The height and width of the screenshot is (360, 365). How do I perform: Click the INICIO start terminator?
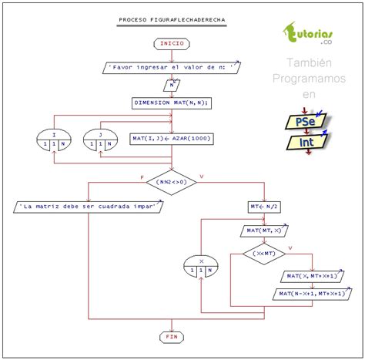[171, 44]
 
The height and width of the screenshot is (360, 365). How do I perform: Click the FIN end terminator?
[171, 337]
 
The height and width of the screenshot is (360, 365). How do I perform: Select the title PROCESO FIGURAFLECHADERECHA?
[171, 19]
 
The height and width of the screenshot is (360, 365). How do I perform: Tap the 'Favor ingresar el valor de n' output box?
[171, 68]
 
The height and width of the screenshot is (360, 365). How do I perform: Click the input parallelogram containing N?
[171, 86]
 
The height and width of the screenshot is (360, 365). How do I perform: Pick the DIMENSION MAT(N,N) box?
[171, 103]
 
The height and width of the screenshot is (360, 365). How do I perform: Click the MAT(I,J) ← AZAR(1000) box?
[171, 139]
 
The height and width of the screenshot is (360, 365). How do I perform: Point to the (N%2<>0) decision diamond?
[171, 182]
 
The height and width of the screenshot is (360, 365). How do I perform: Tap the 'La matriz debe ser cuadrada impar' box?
[89, 207]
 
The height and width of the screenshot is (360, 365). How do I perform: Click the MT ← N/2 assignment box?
[263, 207]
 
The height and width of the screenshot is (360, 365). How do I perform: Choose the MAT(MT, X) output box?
[263, 230]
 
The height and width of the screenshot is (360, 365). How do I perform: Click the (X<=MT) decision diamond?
[263, 253]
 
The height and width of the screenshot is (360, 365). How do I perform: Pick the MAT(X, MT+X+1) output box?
[311, 276]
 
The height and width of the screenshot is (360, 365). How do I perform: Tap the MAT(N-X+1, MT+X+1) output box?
[311, 294]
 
